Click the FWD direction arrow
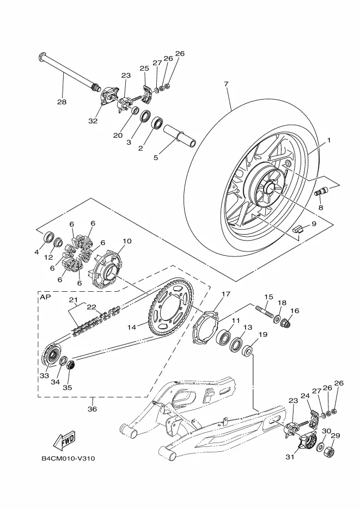[x=64, y=441]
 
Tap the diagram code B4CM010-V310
[x=68, y=459]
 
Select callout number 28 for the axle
[x=62, y=102]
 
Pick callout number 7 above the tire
[x=226, y=84]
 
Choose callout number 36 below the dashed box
[x=92, y=409]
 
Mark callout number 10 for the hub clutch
[x=127, y=241]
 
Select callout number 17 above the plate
[x=225, y=294]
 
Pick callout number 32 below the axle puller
[x=93, y=121]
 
